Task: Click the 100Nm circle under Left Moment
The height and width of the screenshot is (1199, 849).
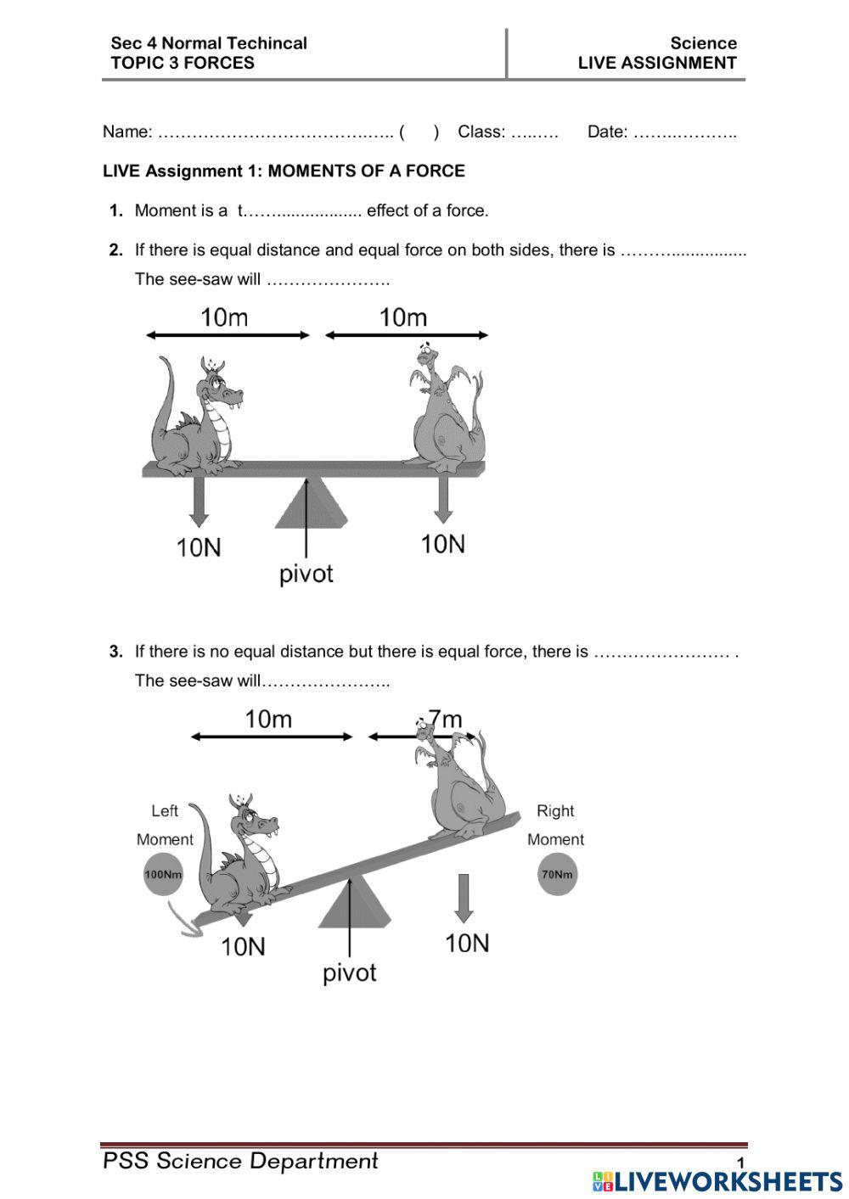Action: (x=164, y=875)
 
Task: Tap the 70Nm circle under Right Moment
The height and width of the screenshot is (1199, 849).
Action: (x=557, y=875)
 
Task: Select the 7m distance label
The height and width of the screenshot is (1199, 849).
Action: (x=445, y=720)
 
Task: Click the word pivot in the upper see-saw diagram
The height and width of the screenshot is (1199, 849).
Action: (x=306, y=574)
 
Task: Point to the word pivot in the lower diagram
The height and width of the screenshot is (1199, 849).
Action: (x=349, y=972)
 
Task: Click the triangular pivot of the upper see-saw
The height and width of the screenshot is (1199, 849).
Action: (x=309, y=506)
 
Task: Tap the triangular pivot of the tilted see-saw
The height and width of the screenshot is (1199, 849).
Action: (x=354, y=905)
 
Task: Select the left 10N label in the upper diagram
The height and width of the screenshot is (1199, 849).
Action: (x=199, y=547)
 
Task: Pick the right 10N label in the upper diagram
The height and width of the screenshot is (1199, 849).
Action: (x=443, y=544)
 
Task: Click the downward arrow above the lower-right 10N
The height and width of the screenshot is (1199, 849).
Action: (x=463, y=898)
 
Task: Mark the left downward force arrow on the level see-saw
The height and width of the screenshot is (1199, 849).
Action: (x=199, y=501)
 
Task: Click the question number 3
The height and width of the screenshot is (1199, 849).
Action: (x=116, y=652)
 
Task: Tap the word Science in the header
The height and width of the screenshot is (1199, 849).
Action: (x=703, y=42)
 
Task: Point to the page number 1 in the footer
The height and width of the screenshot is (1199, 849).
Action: (x=740, y=1163)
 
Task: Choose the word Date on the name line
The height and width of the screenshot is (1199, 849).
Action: (x=606, y=132)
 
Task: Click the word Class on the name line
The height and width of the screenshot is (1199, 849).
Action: (x=480, y=132)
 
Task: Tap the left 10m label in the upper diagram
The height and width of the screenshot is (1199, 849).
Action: (x=224, y=317)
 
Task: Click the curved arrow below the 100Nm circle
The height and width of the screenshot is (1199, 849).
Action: (x=184, y=920)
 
